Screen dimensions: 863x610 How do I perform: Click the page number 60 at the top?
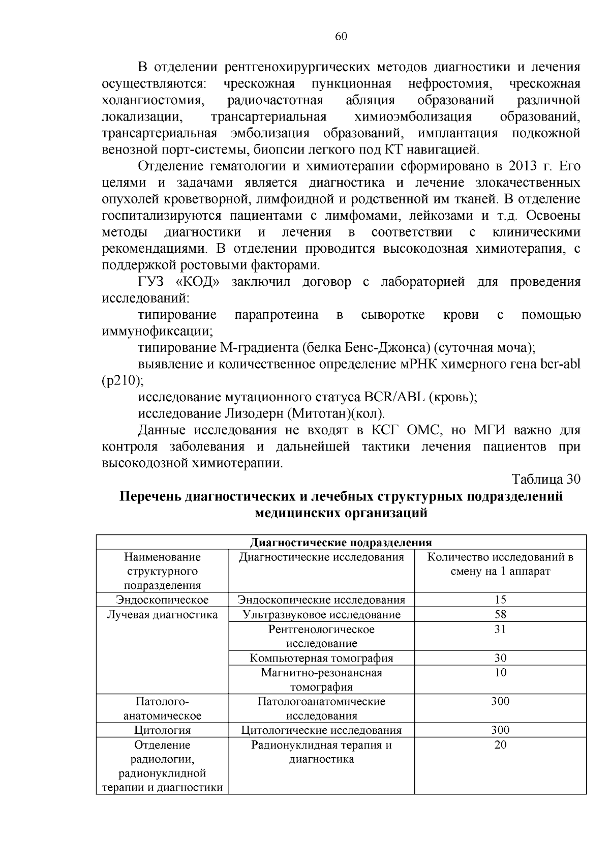click(341, 36)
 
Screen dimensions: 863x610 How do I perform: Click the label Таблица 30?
click(545, 479)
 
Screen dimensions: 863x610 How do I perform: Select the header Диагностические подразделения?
click(341, 542)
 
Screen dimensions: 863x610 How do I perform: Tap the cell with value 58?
click(500, 614)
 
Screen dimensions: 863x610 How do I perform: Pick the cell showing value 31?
click(500, 629)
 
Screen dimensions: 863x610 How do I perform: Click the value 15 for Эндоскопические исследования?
click(500, 600)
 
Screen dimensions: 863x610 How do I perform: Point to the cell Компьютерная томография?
click(321, 658)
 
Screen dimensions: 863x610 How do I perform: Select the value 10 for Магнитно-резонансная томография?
click(500, 672)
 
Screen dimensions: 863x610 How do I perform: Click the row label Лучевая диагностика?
click(162, 614)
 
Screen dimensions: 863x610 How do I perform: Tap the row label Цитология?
click(162, 730)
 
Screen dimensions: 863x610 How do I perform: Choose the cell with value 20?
click(500, 745)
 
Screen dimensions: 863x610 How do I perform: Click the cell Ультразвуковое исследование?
click(321, 614)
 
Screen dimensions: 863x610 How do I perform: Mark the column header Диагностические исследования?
click(321, 557)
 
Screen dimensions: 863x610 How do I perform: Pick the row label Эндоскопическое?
click(162, 600)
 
